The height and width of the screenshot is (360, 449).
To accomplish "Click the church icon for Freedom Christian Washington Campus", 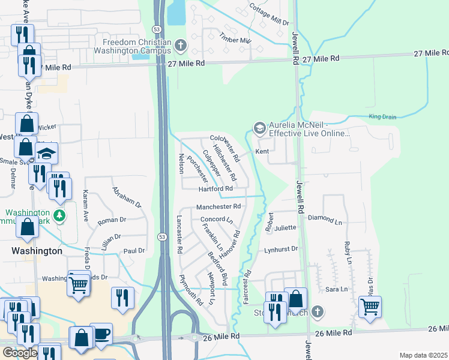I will (x=180, y=46).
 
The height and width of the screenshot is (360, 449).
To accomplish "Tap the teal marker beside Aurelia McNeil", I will (x=259, y=128).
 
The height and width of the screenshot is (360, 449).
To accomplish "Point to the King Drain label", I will (x=383, y=117).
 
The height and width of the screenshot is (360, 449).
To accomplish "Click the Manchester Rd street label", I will (x=218, y=206).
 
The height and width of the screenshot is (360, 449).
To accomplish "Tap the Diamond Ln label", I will (x=324, y=220).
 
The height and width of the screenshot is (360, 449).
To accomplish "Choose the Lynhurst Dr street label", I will (x=281, y=249).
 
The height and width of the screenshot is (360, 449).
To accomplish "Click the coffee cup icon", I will (x=101, y=333).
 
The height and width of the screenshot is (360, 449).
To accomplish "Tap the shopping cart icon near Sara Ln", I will (x=370, y=307).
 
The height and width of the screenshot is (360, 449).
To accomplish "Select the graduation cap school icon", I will (x=46, y=153).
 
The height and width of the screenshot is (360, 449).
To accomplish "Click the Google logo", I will (x=19, y=353).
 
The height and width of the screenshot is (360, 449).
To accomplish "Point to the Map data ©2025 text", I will (x=423, y=355).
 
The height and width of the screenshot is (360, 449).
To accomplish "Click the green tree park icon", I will (x=59, y=215).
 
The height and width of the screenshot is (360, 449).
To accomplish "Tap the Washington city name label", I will (x=37, y=251).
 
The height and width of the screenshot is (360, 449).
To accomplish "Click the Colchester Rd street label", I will (x=224, y=148).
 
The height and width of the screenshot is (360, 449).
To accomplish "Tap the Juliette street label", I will (x=285, y=228).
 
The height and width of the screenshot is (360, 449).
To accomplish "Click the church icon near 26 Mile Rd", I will (x=318, y=312).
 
